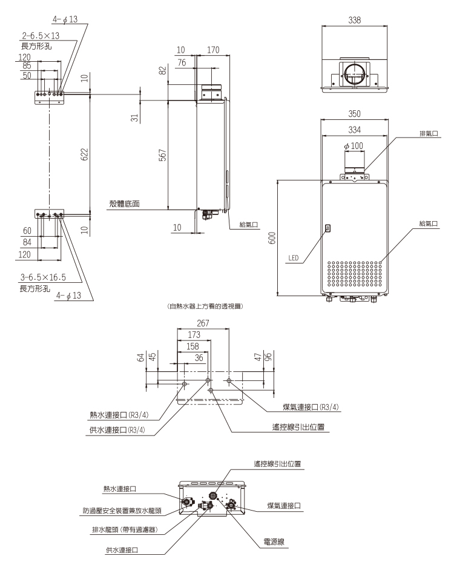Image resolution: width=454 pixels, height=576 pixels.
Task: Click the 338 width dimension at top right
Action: [354, 19]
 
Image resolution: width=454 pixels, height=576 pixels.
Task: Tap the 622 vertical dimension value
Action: [85, 154]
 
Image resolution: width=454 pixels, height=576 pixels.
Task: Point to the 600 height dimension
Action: [272, 238]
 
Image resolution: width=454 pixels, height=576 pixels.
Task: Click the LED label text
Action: [294, 257]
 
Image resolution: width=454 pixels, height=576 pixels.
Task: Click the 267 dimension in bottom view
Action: [203, 323]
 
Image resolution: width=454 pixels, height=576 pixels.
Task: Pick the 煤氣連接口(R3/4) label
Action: [311, 407]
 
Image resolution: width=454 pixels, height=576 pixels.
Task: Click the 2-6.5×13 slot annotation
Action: [41, 35]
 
